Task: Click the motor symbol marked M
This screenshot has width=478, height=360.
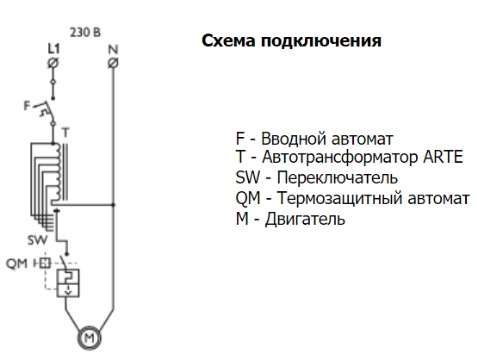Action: tap(90, 338)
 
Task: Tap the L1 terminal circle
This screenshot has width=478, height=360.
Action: tap(53, 63)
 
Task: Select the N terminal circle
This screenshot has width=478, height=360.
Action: tap(113, 63)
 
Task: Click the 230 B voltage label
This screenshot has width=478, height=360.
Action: tap(85, 33)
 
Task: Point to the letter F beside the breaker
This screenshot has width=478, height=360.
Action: tap(28, 106)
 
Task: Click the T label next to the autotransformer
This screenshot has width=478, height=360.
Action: tap(65, 133)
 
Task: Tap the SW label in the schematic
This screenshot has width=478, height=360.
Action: tap(38, 240)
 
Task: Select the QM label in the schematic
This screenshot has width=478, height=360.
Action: tap(16, 264)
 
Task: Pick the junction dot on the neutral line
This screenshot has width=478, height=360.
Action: tap(113, 205)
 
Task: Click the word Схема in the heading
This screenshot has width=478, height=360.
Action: tap(228, 40)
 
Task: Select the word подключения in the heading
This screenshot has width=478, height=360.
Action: tap(321, 41)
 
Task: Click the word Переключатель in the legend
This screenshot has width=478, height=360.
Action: tap(338, 177)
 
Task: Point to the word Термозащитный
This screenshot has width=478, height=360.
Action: tap(340, 199)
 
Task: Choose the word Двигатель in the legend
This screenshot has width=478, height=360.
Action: tap(305, 219)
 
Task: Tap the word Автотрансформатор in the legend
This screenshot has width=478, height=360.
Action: tap(340, 158)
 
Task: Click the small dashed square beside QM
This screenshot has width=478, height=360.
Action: tap(46, 263)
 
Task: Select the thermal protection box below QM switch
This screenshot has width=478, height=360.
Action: tap(68, 282)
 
